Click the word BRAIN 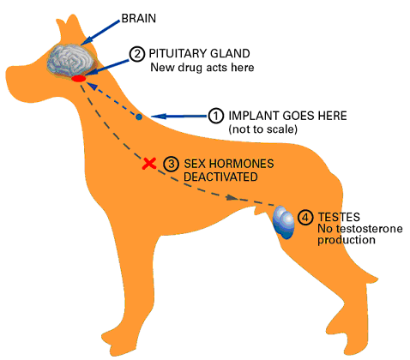[x=139, y=18]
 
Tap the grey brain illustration [x=71, y=60]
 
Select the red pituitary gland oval [x=78, y=78]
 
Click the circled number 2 [x=137, y=54]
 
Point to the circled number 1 [x=216, y=116]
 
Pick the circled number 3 [x=171, y=164]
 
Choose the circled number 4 [x=305, y=218]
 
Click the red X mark [x=149, y=164]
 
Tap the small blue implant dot [x=139, y=117]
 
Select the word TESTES [x=339, y=217]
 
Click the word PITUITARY [x=178, y=53]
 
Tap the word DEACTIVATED [x=220, y=177]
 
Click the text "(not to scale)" [x=262, y=129]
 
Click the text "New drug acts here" [x=202, y=68]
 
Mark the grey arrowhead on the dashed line [x=232, y=197]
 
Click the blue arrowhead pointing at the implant [x=159, y=117]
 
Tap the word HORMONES [x=241, y=164]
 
